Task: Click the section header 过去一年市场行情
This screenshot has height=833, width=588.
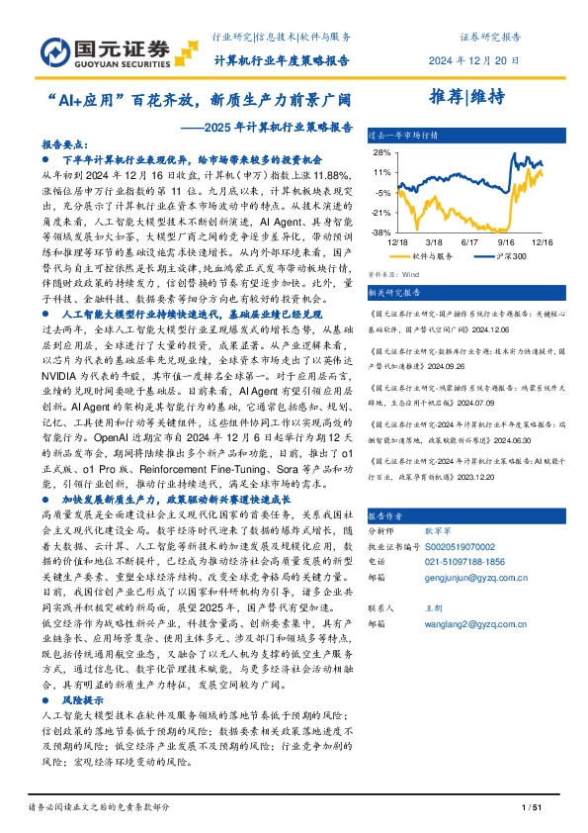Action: pos(401,133)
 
